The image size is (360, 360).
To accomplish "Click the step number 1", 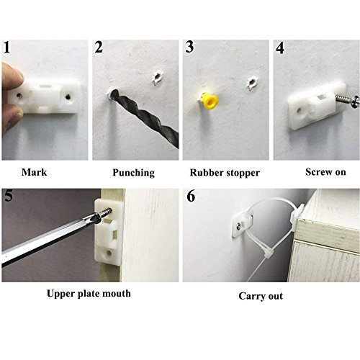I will tap(8, 49).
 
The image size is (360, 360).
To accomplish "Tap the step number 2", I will tap(99, 50).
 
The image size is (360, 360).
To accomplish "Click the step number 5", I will tap(8, 197).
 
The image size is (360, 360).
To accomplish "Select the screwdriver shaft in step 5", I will tap(43, 241).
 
